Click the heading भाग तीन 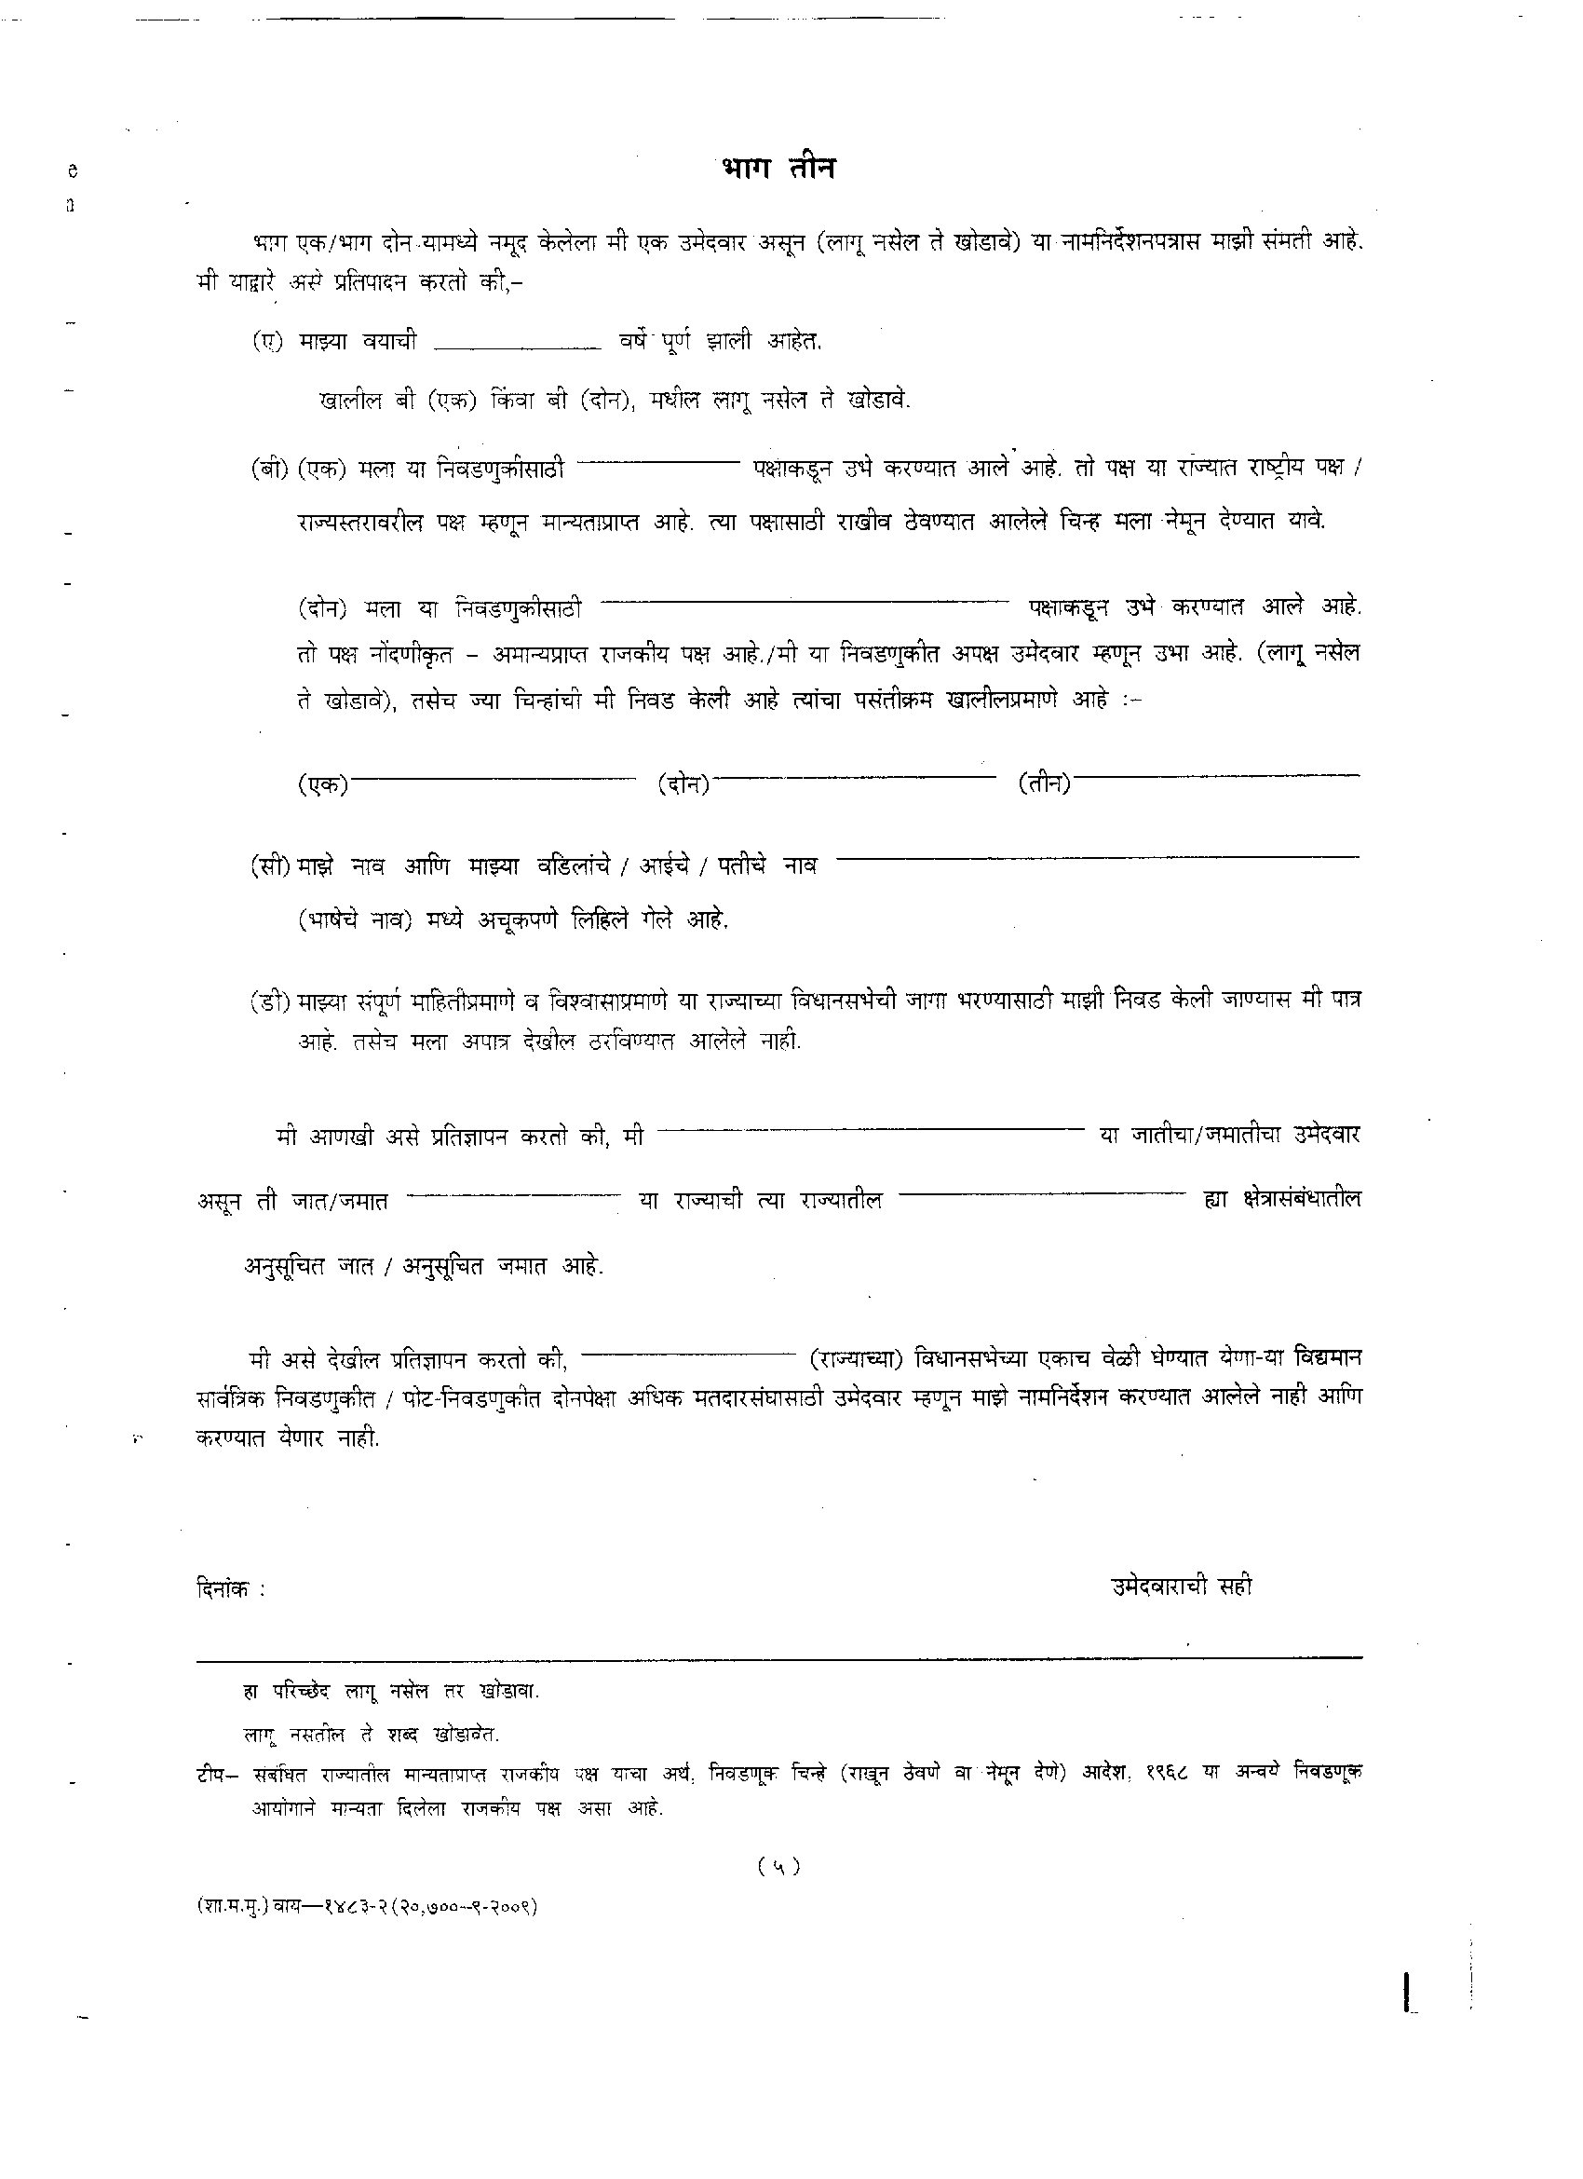778,168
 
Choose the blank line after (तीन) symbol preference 1217,775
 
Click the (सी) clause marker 270,865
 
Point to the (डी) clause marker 270,1001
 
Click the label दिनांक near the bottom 226,1589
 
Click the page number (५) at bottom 778,1866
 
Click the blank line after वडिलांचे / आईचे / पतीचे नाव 1100,856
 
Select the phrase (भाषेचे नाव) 355,920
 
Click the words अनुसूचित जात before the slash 308,1265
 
